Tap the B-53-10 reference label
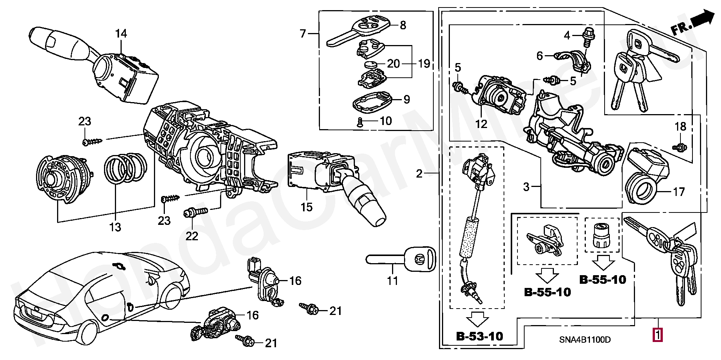point(480,336)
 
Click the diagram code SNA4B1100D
point(585,340)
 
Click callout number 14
point(121,34)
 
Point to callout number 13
point(115,227)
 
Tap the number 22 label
point(192,236)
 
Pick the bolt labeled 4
point(588,37)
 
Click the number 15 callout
point(306,207)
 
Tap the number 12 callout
point(481,124)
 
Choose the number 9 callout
point(407,99)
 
